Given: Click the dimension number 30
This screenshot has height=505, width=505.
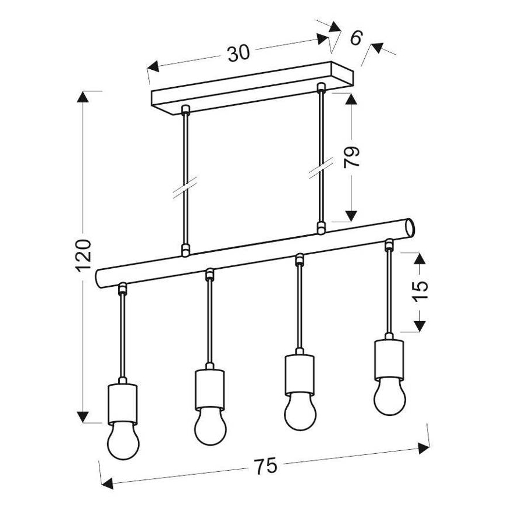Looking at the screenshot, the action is pos(239,54).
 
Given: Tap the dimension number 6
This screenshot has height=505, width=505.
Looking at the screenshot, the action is pos(356,37).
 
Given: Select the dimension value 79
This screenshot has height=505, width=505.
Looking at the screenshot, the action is pos(351,157).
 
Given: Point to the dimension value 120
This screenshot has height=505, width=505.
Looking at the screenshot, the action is pos(84,256).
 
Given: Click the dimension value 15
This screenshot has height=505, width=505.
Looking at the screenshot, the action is pos(420,291).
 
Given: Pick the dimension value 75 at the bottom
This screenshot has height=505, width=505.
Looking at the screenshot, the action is pos(265,465).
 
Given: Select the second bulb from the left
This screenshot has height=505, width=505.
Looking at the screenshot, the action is pos(210,426).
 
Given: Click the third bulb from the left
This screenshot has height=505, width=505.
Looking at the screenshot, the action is pos(300,411).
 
